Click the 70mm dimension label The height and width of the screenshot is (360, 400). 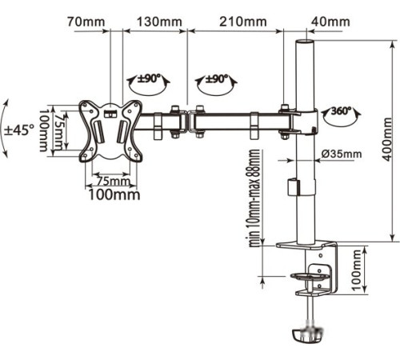pos(86,22)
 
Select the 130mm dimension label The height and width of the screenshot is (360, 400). pos(159,22)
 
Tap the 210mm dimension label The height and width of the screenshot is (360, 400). pos(243,22)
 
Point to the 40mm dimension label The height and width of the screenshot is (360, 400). pos(330,22)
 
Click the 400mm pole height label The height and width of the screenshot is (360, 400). pos(387,139)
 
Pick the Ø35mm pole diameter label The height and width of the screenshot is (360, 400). pos(342,154)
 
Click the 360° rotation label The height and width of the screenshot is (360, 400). pos(341,110)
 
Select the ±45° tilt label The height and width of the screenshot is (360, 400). pos(19,130)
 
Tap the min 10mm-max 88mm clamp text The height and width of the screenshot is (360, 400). pos(254,198)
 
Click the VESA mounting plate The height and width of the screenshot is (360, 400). pos(110,131)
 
